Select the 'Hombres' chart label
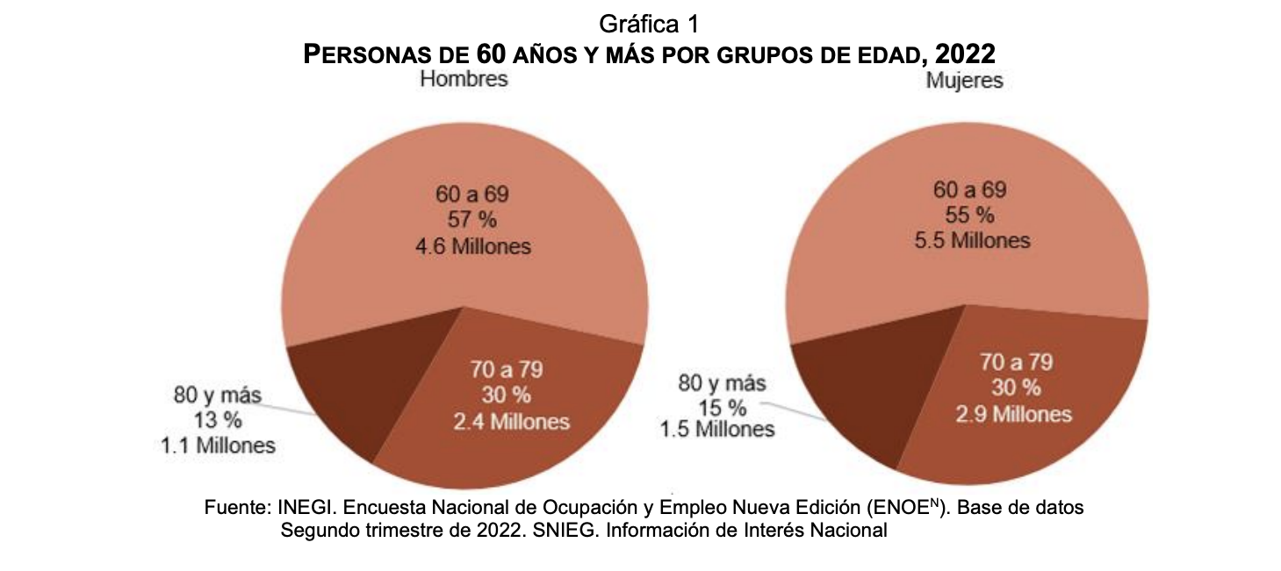464,80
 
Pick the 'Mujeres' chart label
964,82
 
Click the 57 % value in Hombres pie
472,219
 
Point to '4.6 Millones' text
472,246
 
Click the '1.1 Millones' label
218,446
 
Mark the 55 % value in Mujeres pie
969,215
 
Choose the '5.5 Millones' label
969,240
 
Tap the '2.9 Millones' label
1014,413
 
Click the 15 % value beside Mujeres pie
722,407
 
